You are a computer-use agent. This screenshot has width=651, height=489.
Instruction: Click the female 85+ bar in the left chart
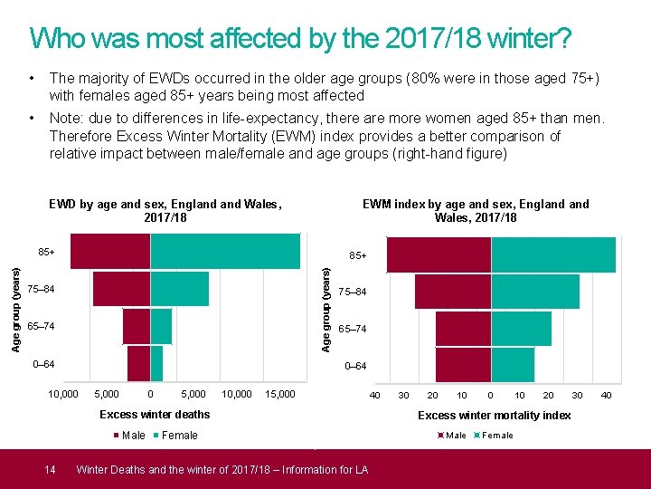[x=225, y=251]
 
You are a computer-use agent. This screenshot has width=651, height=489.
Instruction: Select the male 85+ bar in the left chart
[x=109, y=251]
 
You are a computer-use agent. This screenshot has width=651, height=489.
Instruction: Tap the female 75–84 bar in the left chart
[x=179, y=289]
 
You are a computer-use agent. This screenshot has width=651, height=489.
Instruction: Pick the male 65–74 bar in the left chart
[x=136, y=326]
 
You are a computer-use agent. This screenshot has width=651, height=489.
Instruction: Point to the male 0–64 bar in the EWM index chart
[x=463, y=364]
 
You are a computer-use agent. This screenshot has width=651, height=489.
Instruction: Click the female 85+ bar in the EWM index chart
[x=553, y=254]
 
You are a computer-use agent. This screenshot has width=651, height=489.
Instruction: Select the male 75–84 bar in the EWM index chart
[x=452, y=292]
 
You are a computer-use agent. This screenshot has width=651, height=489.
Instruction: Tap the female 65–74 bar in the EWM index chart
[x=521, y=328]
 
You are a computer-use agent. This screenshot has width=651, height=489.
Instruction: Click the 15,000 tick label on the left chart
[x=281, y=395]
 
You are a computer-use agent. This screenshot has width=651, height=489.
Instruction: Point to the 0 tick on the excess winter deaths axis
[x=150, y=395]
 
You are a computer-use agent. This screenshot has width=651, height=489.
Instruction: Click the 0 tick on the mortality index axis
[x=490, y=395]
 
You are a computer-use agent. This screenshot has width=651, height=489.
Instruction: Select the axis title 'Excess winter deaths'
[x=155, y=415]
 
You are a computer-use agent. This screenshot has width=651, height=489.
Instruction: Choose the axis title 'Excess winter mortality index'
[x=494, y=416]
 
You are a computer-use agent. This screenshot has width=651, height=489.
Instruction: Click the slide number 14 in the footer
[x=51, y=469]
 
